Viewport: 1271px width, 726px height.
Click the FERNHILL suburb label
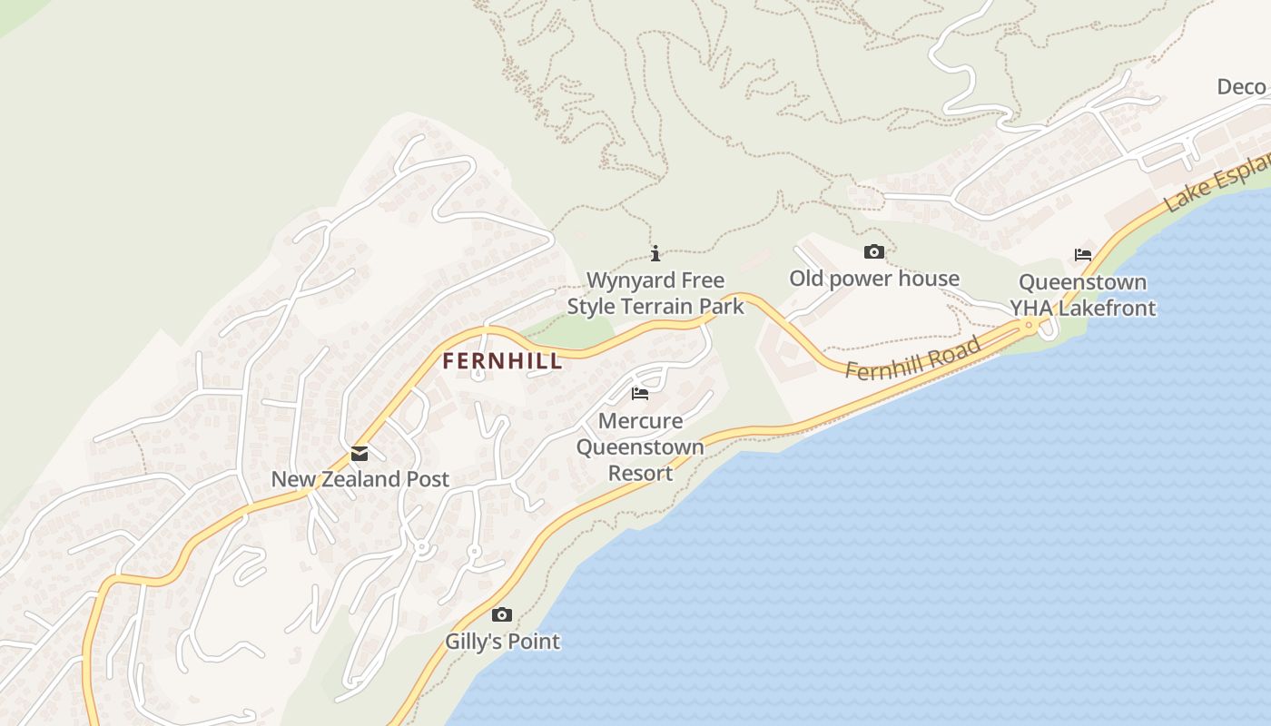coord(502,361)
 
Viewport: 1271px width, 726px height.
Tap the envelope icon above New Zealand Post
coord(360,454)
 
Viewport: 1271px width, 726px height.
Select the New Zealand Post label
coord(360,479)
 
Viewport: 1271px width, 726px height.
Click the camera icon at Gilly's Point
coord(502,615)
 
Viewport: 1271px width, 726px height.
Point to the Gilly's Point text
coord(502,642)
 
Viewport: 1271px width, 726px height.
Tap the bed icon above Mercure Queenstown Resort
coord(640,394)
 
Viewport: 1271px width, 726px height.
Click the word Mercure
coord(640,421)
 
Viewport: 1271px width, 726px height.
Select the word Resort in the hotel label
coord(640,473)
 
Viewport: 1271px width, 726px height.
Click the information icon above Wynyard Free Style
coord(655,253)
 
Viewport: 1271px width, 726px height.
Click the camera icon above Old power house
coord(873,251)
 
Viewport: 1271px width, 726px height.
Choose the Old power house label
coord(873,279)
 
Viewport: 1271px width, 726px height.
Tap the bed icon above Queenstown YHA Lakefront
coord(1082,255)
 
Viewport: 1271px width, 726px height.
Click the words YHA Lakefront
coord(1082,309)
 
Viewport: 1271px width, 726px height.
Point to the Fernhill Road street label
coord(913,358)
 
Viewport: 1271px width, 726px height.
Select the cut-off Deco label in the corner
coord(1241,87)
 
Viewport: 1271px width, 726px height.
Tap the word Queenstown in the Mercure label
coord(640,446)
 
